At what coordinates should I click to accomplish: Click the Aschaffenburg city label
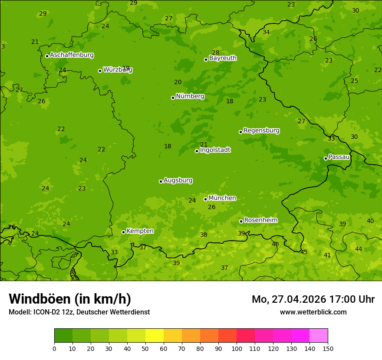point(72,55)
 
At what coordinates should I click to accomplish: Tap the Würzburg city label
point(118,70)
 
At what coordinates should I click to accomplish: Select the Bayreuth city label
point(223,58)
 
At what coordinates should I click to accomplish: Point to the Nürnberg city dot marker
point(173,98)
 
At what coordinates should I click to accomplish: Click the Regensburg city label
point(261,131)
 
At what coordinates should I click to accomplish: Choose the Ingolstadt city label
point(215,150)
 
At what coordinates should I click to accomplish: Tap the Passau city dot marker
point(326,158)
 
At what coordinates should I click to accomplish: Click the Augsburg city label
point(178,180)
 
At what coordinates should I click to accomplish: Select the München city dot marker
point(205,199)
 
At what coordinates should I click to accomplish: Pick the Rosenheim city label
point(260,220)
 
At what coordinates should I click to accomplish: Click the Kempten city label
point(140,231)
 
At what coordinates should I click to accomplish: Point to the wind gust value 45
point(304,252)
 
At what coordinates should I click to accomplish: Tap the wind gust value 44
point(359,249)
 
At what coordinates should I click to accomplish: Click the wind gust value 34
point(266,33)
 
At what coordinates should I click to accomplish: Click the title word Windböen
point(40,299)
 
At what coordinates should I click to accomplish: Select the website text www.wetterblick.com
point(313,312)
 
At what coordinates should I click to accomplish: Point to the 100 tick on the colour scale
point(237,348)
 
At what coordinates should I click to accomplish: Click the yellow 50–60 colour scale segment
point(155,336)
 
